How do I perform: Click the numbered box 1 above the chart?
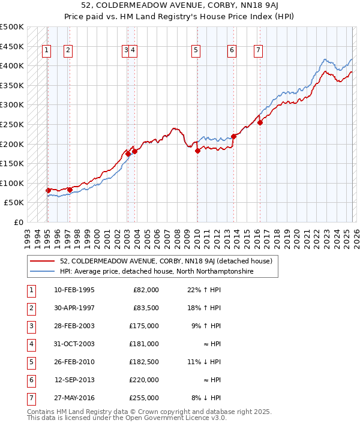pos(47,51)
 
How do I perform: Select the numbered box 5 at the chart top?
pos(196,51)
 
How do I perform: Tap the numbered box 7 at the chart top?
pos(258,51)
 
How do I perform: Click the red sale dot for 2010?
pos(197,151)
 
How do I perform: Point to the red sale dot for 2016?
pos(260,123)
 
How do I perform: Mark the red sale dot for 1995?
pos(48,190)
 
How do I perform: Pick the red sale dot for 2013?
pos(233,136)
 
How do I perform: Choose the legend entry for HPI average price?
pos(157,272)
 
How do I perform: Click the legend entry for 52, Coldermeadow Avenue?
pos(166,261)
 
